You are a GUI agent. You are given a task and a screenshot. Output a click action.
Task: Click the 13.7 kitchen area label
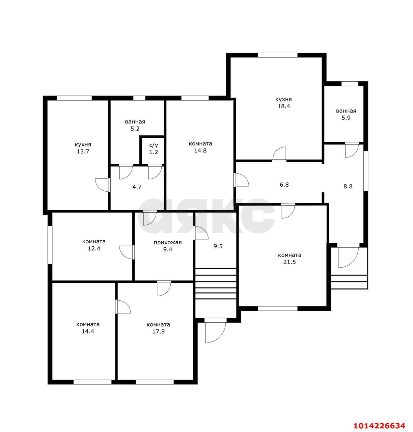[x=83, y=152]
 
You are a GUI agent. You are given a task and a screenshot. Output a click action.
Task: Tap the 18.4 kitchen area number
[x=284, y=106]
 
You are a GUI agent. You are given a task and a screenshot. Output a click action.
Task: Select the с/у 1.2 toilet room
[x=154, y=149]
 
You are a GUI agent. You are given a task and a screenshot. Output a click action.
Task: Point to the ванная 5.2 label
[x=135, y=125]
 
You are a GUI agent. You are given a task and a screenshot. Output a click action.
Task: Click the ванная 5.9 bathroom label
[x=346, y=114]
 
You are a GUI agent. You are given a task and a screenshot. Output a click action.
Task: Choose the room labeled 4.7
[x=137, y=187]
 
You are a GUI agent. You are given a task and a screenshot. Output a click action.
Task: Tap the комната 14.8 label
[x=200, y=147]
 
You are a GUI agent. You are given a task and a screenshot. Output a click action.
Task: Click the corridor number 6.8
[x=284, y=185]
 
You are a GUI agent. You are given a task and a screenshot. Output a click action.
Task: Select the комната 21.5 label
[x=290, y=259]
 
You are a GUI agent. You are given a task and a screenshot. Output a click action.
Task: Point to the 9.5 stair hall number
[x=218, y=246]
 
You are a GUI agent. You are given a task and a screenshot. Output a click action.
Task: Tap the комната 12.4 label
[x=94, y=245]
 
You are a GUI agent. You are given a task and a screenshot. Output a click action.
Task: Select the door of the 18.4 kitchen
[x=279, y=154]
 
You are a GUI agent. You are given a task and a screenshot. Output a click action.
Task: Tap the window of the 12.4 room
[x=50, y=245]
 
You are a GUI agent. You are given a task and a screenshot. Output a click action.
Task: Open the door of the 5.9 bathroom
[x=352, y=150]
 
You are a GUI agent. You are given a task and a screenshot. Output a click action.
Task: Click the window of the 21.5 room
[x=277, y=309]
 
